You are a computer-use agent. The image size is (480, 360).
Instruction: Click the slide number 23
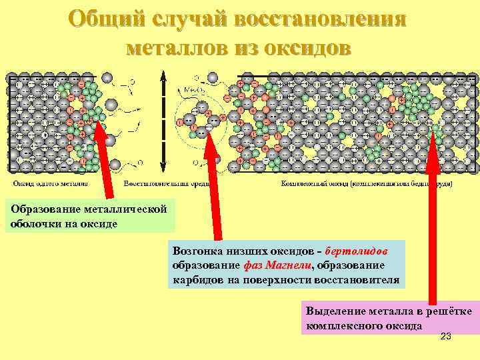(446, 337)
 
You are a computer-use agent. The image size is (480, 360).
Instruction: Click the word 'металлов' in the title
(176, 48)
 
